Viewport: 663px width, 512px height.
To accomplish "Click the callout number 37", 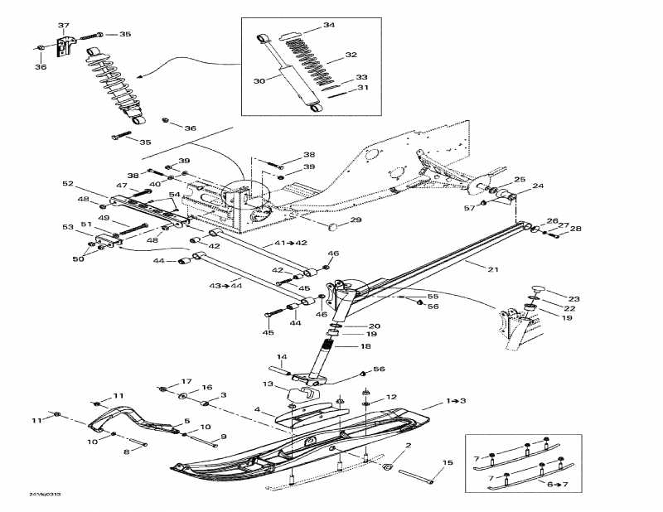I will click(63, 26).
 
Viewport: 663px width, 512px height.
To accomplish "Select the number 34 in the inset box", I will click(329, 26).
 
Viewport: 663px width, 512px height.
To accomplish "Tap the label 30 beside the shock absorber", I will click(259, 81).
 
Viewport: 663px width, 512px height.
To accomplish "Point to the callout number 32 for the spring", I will click(351, 56).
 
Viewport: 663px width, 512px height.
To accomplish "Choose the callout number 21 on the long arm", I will click(471, 268).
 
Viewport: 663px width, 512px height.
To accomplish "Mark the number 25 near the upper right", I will click(520, 180).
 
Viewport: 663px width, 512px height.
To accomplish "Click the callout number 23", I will click(573, 298).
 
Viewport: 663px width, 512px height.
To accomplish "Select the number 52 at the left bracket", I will click(68, 184).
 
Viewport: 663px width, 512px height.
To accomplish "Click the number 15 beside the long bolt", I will click(448, 462).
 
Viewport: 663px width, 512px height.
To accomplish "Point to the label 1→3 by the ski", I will click(457, 401).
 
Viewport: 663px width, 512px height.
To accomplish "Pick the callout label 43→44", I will click(220, 286).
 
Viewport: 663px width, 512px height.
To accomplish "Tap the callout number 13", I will click(268, 384).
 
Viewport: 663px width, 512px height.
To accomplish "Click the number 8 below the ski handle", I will click(126, 452).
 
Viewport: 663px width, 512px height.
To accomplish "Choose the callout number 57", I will click(468, 208).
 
